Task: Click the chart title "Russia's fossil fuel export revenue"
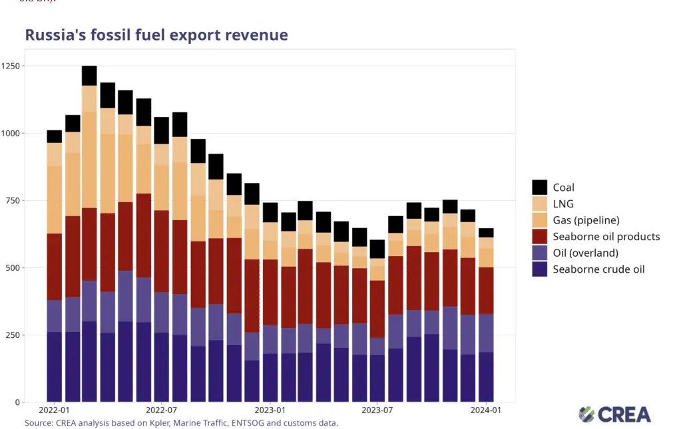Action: click(x=156, y=35)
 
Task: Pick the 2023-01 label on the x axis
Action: click(x=270, y=411)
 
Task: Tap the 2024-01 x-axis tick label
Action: click(x=487, y=411)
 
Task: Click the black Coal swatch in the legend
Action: click(x=540, y=188)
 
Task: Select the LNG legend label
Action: click(x=563, y=204)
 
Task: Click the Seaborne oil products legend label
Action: click(x=606, y=236)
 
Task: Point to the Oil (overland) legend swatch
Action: click(x=540, y=253)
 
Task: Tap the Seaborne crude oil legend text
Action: click(x=599, y=269)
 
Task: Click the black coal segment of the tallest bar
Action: click(x=90, y=75)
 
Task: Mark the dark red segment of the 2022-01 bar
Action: click(x=55, y=266)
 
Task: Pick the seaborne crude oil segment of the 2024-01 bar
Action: click(x=487, y=376)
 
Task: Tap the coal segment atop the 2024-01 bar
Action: click(x=487, y=233)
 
